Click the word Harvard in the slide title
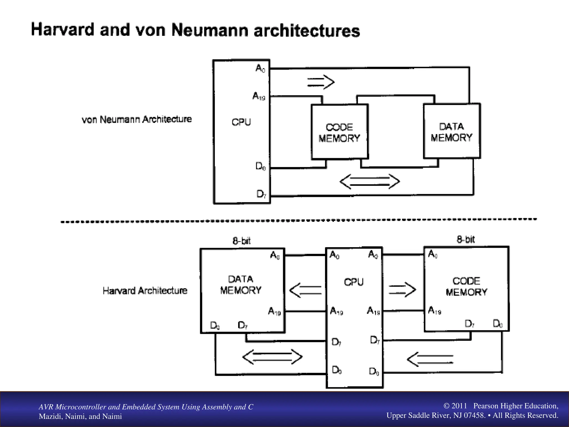(x=63, y=29)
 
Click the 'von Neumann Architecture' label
(x=136, y=120)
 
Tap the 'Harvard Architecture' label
(x=145, y=291)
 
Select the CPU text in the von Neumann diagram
(x=241, y=122)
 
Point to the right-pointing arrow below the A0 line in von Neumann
(x=321, y=82)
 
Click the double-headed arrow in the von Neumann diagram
(x=370, y=182)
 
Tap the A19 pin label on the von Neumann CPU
(x=259, y=96)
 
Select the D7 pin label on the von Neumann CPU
(x=261, y=194)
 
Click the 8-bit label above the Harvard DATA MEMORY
(x=241, y=241)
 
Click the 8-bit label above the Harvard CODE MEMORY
(x=466, y=239)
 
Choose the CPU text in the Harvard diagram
(x=354, y=282)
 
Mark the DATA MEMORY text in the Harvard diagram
(x=241, y=285)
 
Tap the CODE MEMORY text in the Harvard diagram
(x=466, y=286)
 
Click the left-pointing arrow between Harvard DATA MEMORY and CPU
(x=305, y=290)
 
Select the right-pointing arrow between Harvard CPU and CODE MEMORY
(x=402, y=290)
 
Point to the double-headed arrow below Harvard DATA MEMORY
(x=272, y=357)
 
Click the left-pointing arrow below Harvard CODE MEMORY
(x=430, y=359)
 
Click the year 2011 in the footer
(x=459, y=406)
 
